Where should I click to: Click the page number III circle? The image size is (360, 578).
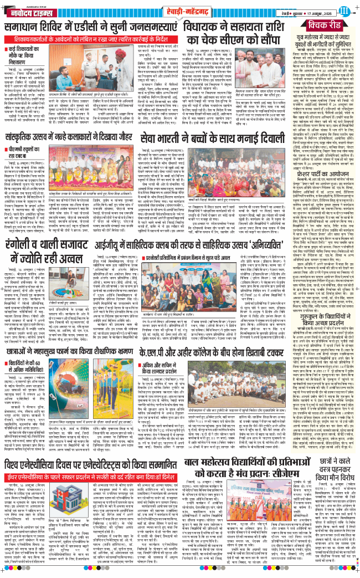(x=346, y=9)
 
